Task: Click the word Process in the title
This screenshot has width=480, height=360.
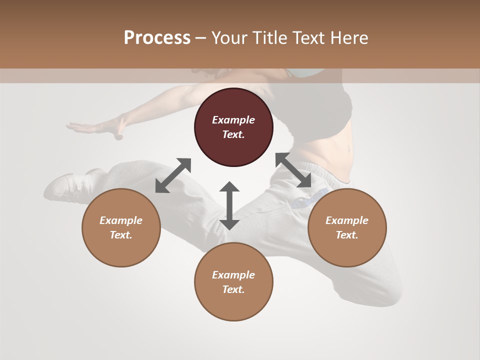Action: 157,38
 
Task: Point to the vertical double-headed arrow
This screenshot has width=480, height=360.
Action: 229,205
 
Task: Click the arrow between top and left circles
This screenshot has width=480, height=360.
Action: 173,175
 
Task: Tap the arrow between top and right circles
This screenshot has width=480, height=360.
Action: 293,170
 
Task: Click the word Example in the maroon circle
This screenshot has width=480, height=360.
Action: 233,120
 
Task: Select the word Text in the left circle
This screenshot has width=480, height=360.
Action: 121,235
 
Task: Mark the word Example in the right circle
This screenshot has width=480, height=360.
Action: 347,220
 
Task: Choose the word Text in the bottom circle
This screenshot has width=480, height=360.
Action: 233,289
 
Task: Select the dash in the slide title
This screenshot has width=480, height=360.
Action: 201,38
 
